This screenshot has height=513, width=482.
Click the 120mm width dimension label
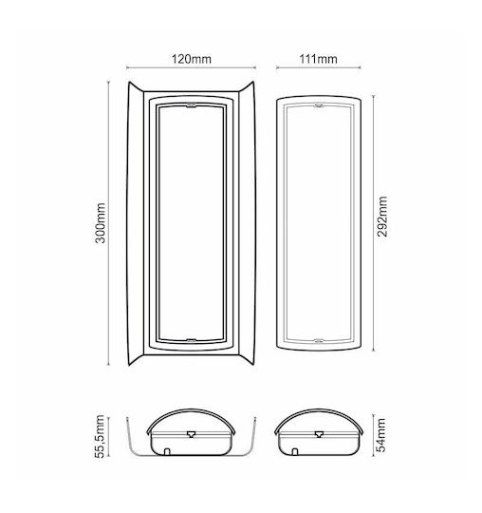click(x=192, y=59)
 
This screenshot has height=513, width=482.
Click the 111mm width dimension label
click(x=318, y=59)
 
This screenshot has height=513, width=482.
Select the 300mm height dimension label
click(x=101, y=223)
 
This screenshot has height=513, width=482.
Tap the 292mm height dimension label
click(x=382, y=217)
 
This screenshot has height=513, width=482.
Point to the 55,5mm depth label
click(x=101, y=436)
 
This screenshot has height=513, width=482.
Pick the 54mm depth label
click(x=381, y=435)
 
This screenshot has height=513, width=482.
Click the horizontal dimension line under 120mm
click(x=191, y=67)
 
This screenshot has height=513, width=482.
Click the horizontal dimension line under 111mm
click(x=319, y=67)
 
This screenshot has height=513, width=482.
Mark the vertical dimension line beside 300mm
click(x=108, y=223)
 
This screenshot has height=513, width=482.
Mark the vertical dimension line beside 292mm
click(x=374, y=223)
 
